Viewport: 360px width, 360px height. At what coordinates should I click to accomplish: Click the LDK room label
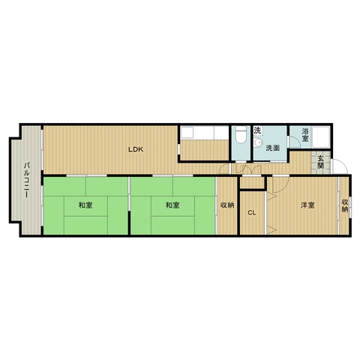[136, 149]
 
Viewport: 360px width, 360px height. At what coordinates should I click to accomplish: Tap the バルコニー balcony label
[27, 180]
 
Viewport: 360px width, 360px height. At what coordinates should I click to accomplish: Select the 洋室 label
[307, 205]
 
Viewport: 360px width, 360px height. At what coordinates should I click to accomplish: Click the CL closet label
[252, 213]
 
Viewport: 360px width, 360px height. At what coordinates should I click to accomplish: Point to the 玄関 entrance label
[320, 162]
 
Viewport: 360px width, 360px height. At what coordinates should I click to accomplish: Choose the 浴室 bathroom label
[305, 135]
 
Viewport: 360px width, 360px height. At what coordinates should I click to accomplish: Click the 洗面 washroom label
[272, 148]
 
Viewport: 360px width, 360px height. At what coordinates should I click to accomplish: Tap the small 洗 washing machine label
[257, 130]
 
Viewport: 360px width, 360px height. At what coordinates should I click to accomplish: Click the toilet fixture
[241, 135]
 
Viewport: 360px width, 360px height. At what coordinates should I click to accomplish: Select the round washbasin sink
[257, 142]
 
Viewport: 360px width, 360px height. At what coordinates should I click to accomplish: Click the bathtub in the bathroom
[321, 137]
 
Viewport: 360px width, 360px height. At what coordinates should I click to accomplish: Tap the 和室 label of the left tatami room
[85, 205]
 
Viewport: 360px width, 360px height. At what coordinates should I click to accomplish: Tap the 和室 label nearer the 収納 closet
[172, 205]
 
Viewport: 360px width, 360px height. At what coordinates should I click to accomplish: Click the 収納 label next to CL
[227, 205]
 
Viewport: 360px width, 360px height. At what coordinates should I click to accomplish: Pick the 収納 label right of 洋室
[345, 205]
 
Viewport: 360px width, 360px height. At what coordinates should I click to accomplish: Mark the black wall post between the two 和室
[129, 223]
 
